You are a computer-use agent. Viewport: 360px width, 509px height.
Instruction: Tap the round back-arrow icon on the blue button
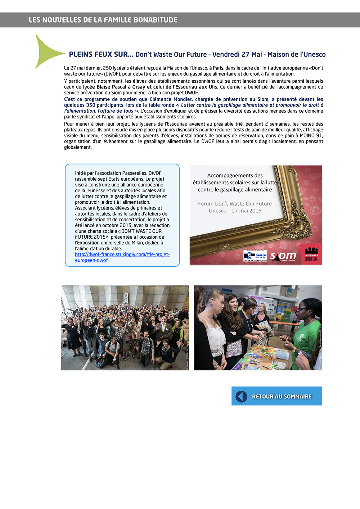242,396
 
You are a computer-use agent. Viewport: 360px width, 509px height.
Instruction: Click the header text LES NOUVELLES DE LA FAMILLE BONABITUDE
103,20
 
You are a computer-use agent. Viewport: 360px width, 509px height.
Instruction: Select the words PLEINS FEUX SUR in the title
101,54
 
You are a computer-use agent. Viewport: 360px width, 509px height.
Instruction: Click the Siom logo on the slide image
283,256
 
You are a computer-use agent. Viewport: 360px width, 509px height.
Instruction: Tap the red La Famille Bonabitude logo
311,254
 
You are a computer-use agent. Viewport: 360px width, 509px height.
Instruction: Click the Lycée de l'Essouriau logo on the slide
255,256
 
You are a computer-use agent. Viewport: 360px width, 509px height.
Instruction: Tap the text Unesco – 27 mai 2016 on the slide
235,211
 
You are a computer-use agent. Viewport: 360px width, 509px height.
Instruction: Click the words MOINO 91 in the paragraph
311,136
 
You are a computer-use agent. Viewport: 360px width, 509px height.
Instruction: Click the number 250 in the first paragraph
107,68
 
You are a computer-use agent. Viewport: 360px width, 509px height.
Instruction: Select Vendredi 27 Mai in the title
237,54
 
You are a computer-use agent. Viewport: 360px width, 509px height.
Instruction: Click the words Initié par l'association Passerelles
111,173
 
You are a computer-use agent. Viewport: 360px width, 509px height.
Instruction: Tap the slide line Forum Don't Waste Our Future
235,204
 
